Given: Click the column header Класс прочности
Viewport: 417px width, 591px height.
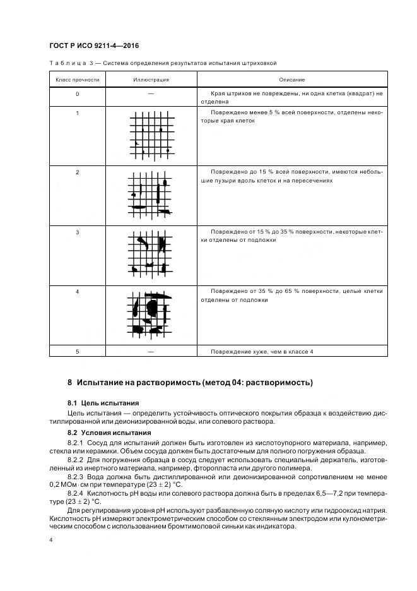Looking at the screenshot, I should [77, 80].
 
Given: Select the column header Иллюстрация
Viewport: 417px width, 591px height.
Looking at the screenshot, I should [151, 80].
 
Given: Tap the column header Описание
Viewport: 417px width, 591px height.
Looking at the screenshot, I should [291, 80].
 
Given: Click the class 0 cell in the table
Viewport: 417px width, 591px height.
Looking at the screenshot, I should [77, 94].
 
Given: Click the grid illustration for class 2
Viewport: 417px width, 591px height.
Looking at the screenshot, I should [151, 195].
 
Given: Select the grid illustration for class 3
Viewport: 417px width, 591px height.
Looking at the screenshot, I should [151, 254].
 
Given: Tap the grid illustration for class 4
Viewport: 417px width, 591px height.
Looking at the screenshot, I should [151, 313].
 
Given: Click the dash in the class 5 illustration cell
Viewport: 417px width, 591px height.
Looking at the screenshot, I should [151, 350].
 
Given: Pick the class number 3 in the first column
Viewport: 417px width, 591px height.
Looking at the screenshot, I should [77, 233].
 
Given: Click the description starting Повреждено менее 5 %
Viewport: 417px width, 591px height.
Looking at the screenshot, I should [291, 116].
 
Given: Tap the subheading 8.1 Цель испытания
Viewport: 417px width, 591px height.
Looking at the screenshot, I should [103, 403].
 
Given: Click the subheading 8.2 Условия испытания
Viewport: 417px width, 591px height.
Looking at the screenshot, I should [109, 433].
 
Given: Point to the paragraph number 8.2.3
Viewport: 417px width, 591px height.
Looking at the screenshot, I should [77, 477].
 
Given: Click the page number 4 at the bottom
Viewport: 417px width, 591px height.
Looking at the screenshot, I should [51, 540].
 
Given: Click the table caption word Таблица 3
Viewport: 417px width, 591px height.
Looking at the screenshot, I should [73, 63].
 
